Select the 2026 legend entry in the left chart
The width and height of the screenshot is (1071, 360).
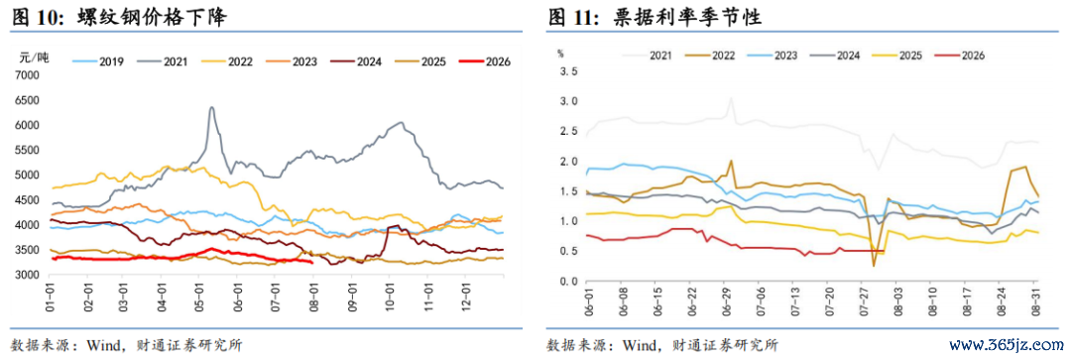pyautogui.click(x=485, y=61)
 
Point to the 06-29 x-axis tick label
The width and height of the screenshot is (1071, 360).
pyautogui.click(x=723, y=300)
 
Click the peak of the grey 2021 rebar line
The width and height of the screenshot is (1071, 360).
pyautogui.click(x=212, y=107)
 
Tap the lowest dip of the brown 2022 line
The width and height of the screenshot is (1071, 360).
pyautogui.click(x=874, y=265)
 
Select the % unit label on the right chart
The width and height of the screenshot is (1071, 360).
pyautogui.click(x=560, y=52)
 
